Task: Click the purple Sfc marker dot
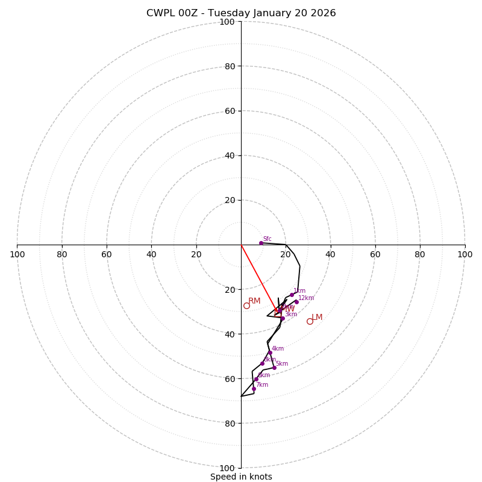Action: tap(261, 243)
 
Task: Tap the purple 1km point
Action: tap(292, 295)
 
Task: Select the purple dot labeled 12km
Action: tap(296, 302)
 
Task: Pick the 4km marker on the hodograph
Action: tap(270, 352)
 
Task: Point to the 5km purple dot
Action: tap(274, 368)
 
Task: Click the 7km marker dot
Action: tap(254, 389)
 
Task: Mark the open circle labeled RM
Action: tap(246, 305)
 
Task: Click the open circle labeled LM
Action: tap(310, 321)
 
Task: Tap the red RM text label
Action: tap(254, 301)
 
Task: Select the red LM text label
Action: tap(317, 317)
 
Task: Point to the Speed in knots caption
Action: tap(241, 477)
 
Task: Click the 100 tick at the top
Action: tap(227, 22)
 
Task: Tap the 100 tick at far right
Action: tap(465, 254)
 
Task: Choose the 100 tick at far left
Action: tap(17, 254)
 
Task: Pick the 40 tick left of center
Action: tap(151, 254)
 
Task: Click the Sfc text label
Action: tap(267, 239)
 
